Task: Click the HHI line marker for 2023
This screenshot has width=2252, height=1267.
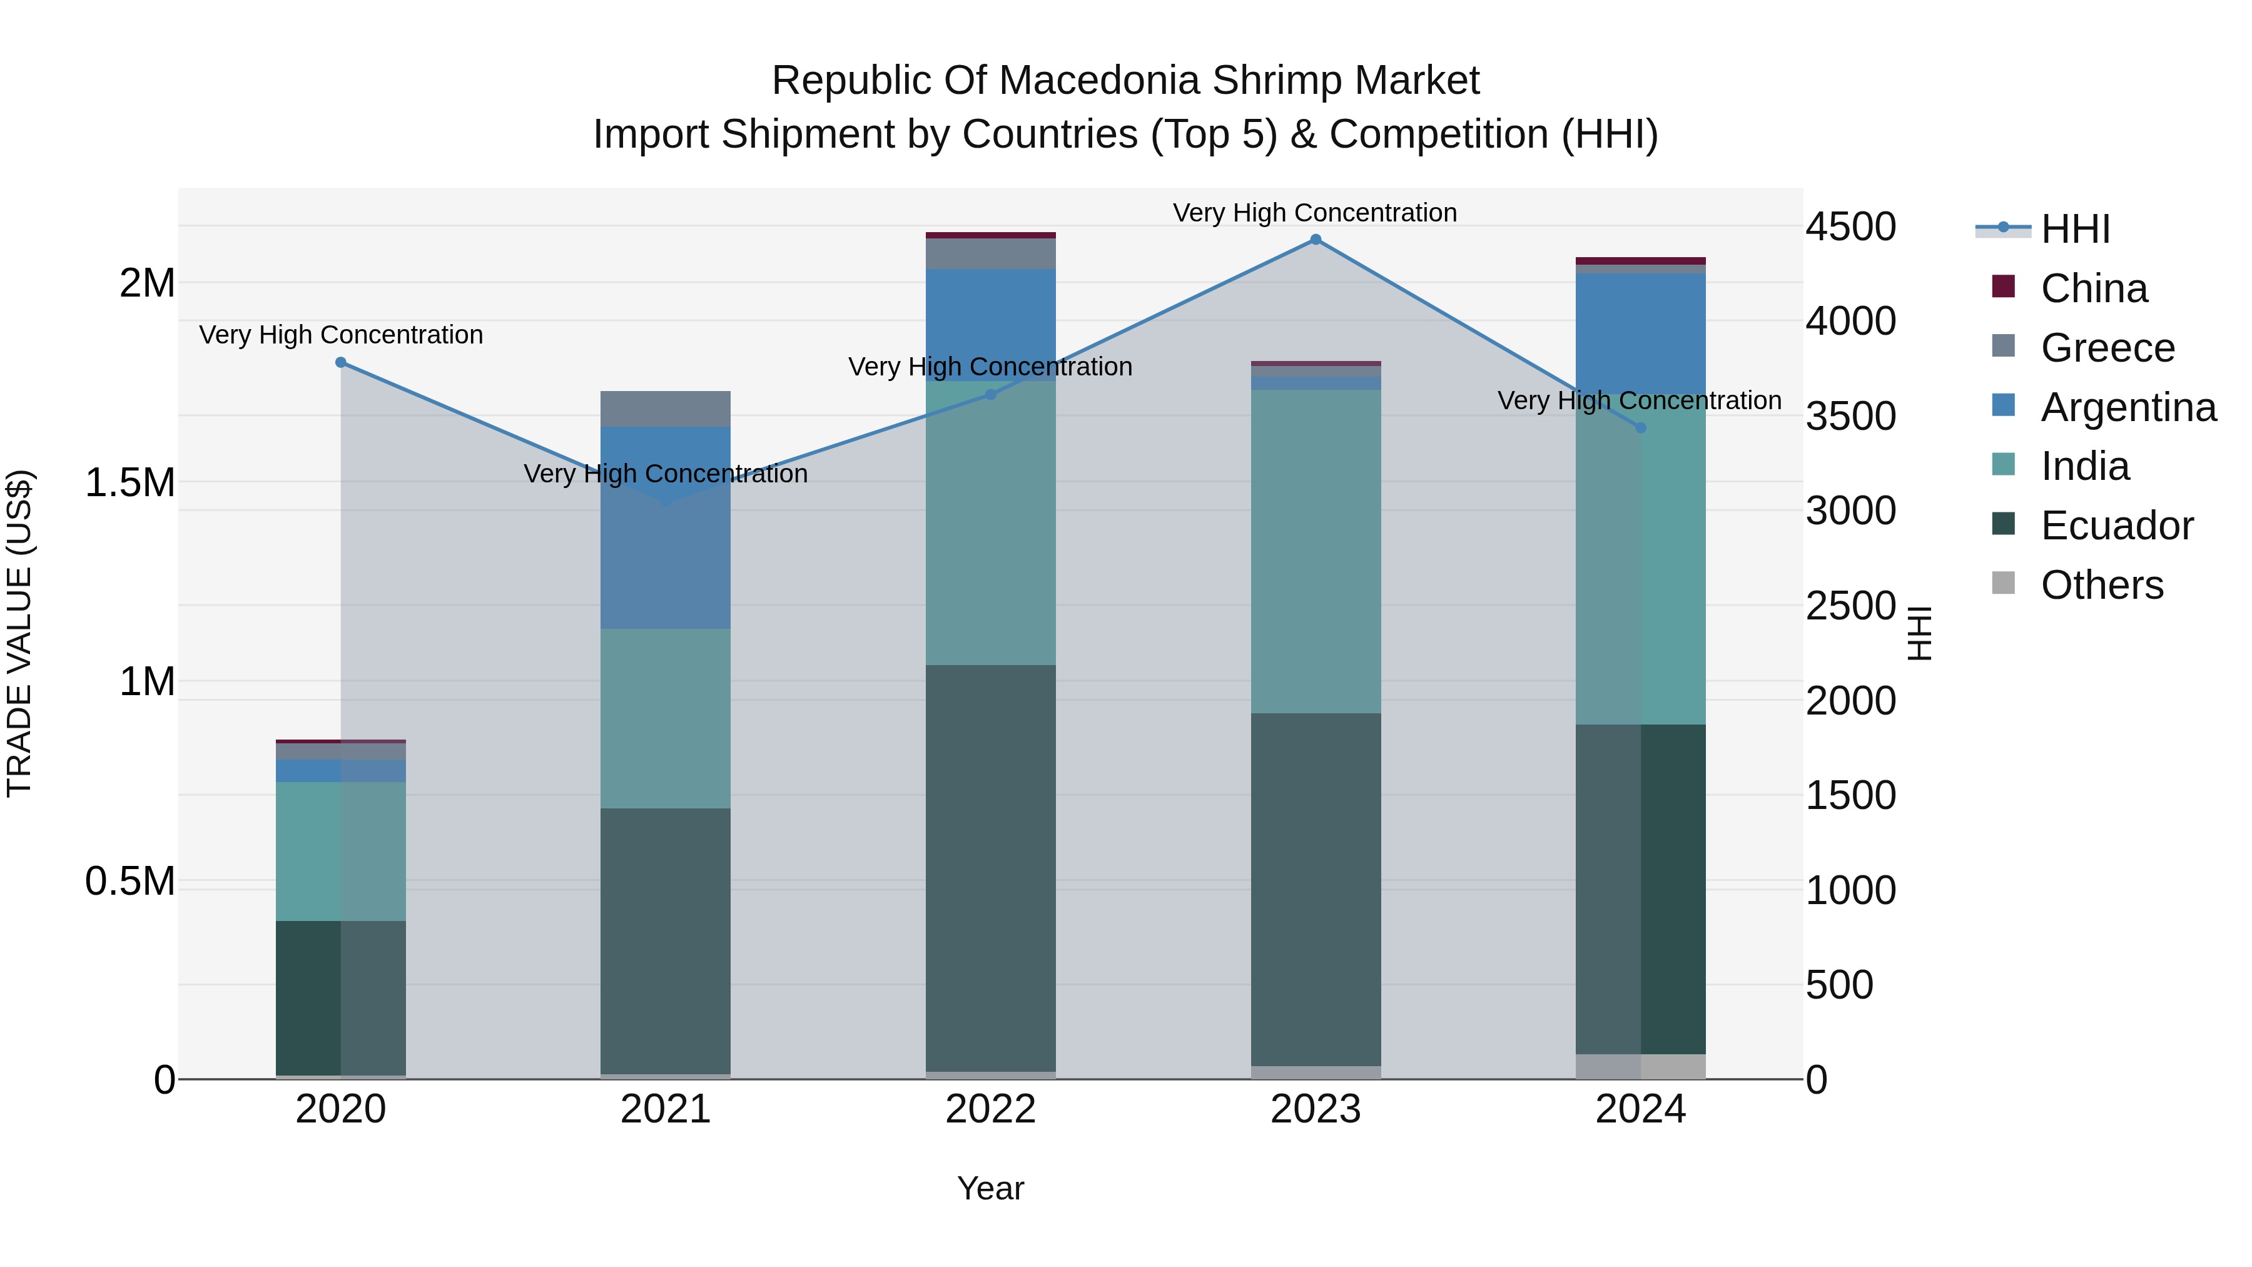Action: tap(1315, 240)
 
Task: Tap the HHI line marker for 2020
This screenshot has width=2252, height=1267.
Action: tap(341, 362)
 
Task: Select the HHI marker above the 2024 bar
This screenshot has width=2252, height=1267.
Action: tap(1640, 427)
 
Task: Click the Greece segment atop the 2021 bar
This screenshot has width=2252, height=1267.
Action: tap(666, 409)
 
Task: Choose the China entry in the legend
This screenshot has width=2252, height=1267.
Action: tap(2093, 288)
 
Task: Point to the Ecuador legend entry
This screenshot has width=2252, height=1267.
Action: tap(2116, 526)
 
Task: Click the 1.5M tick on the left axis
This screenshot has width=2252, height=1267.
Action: tap(130, 482)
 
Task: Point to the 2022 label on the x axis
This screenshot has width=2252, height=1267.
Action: tap(990, 1109)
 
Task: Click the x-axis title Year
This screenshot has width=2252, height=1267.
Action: tap(990, 1188)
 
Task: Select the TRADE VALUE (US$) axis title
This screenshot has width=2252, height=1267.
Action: tap(19, 633)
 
